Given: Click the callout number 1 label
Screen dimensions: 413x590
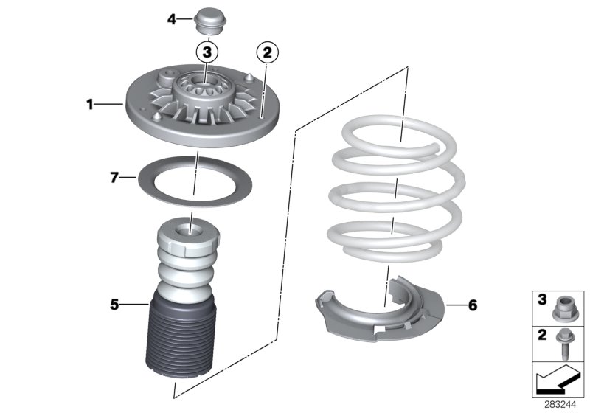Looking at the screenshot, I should (x=90, y=105).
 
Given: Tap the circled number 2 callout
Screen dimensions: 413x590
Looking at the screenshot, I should (x=267, y=52).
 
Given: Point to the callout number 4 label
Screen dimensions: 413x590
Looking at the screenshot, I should (x=171, y=19).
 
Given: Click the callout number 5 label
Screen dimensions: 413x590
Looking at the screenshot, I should (x=115, y=302).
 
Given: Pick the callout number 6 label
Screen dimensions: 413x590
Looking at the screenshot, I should (x=451, y=304).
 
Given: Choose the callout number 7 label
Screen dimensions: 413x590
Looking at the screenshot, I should (x=114, y=177).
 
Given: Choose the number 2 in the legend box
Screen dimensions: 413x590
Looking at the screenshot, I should (x=542, y=336).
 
